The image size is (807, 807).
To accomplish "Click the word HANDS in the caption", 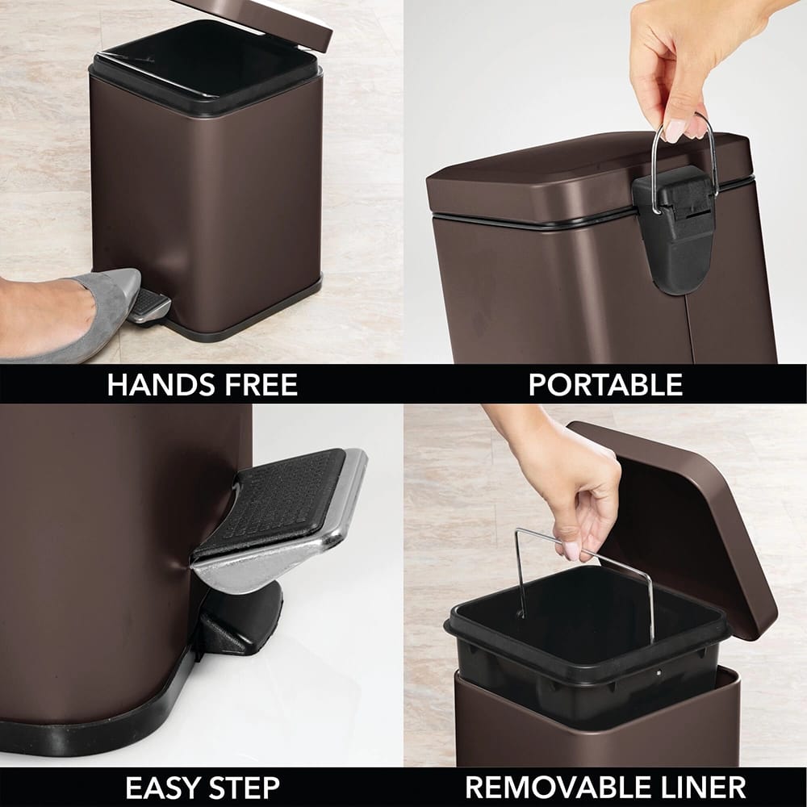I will [x=153, y=385].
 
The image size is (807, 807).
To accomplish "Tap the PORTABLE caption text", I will [x=605, y=385].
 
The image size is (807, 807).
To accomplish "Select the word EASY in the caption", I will [x=164, y=787].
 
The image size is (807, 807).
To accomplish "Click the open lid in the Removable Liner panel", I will [x=686, y=525].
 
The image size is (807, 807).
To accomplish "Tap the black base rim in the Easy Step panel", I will [x=105, y=730].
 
